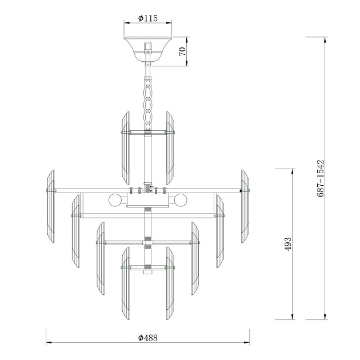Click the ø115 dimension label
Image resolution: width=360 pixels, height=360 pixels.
[x=148, y=18]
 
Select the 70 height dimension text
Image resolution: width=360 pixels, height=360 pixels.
[x=182, y=51]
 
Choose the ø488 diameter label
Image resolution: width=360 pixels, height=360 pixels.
[x=148, y=338]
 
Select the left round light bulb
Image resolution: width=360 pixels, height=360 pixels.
[x=115, y=201]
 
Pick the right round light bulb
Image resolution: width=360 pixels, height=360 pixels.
[x=182, y=201]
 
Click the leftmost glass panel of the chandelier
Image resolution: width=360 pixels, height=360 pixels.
[x=50, y=205]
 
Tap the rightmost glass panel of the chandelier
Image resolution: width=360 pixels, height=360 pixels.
[x=246, y=205]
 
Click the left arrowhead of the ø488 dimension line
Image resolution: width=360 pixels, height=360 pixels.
[x=48, y=343]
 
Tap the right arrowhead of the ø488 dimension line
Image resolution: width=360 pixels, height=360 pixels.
[x=248, y=343]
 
